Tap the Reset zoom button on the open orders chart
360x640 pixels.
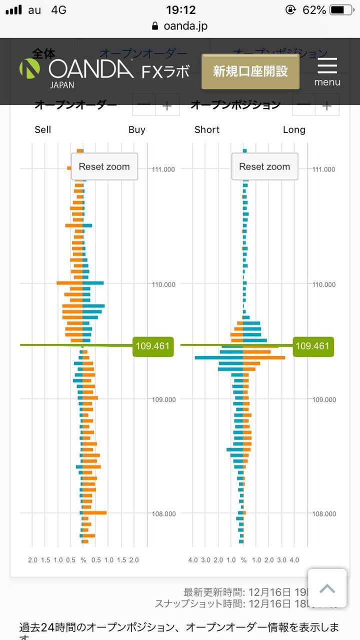pos(104,167)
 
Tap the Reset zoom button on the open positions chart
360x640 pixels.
pos(264,167)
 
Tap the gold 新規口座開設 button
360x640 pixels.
pos(250,71)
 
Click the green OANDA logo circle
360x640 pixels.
pos(29,68)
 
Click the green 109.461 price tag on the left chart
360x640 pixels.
pos(152,346)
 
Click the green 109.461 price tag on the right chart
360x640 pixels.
pos(312,346)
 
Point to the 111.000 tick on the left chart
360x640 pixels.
pos(163,169)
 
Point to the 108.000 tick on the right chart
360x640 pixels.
pos(323,514)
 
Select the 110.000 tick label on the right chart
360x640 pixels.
pos(323,284)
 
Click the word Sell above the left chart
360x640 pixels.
pos(43,130)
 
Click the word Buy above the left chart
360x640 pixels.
pos(136,130)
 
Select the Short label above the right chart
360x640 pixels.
pos(207,130)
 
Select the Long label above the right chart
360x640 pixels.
pos(294,130)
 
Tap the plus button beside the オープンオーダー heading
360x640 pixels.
pos(167,105)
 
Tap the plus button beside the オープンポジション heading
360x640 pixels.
pos(327,105)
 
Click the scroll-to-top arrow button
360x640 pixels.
pos(327,588)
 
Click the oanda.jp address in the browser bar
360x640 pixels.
pos(185,26)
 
